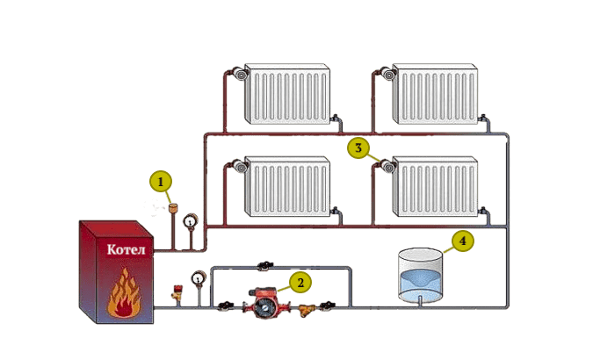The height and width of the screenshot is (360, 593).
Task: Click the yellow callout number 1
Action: [161, 182]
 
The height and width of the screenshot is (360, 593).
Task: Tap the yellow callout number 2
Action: [300, 283]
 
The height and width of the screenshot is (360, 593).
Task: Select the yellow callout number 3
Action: [358, 148]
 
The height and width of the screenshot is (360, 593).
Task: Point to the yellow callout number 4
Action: [463, 241]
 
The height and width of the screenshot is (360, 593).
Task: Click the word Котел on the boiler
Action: [126, 249]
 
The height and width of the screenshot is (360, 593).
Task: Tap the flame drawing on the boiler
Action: [124, 293]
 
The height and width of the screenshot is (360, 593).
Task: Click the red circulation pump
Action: [267, 302]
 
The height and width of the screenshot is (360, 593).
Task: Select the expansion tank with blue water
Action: [420, 275]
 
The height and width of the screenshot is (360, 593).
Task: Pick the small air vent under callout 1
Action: [173, 207]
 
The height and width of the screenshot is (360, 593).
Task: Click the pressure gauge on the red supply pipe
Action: [191, 221]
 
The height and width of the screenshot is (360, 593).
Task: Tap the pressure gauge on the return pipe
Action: [198, 278]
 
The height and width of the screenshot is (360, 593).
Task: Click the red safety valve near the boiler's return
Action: [177, 293]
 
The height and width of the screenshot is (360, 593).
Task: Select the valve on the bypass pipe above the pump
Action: [265, 266]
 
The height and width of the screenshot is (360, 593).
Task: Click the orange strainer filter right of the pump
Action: [307, 310]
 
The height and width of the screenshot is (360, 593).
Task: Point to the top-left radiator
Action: [287, 94]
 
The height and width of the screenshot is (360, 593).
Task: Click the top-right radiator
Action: [435, 94]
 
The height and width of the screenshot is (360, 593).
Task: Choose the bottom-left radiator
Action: [287, 186]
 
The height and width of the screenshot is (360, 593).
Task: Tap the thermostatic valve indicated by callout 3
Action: [388, 166]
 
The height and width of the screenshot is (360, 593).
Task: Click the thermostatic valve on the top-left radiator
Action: [240, 74]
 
